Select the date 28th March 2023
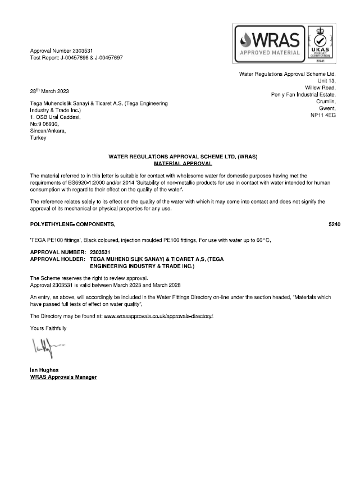[x=49, y=90]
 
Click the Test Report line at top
[x=76, y=58]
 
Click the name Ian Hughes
[x=45, y=370]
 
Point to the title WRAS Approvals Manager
[x=63, y=377]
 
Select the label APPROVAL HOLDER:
[x=57, y=260]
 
